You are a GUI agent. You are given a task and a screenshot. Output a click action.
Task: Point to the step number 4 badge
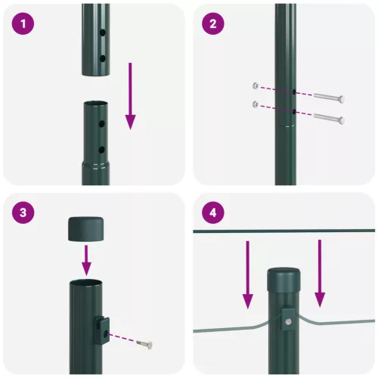tap(214, 213)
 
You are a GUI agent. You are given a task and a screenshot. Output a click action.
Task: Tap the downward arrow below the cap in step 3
tap(86, 261)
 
